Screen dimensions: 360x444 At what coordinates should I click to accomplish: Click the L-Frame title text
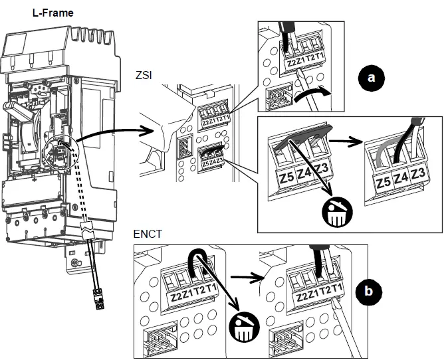pyautogui.click(x=53, y=13)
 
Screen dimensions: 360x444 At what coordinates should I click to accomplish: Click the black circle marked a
pyautogui.click(x=372, y=79)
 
